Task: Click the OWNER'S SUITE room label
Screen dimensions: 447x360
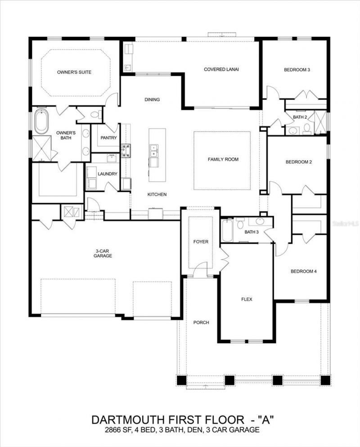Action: point(74,72)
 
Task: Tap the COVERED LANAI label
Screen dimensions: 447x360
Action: point(221,69)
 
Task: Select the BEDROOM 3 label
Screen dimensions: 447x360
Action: point(297,70)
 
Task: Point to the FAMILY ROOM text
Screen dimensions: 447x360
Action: point(223,159)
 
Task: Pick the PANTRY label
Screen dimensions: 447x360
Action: point(109,138)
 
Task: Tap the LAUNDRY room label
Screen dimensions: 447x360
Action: point(108,174)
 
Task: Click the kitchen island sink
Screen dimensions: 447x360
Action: point(154,151)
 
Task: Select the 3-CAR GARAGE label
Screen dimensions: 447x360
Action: point(103,253)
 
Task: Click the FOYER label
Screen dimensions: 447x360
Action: point(201,242)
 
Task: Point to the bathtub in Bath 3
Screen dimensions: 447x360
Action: point(227,230)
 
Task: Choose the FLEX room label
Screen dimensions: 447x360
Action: point(246,298)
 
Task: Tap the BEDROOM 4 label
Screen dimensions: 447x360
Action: point(303,271)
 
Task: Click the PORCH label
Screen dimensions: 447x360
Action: point(201,322)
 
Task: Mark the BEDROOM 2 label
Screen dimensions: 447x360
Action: point(298,162)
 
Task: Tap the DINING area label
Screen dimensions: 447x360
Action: point(152,99)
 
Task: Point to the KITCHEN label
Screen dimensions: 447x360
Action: point(157,194)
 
